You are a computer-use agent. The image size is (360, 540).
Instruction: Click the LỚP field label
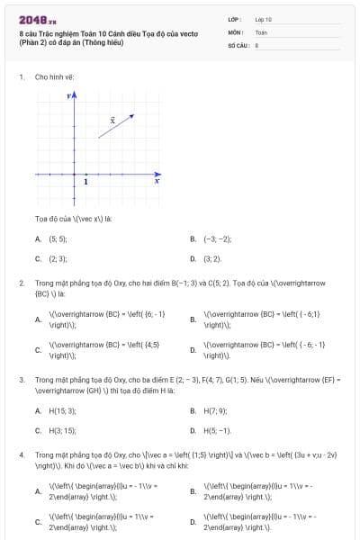click(234, 19)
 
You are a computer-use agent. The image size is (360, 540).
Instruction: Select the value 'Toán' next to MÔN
click(261, 31)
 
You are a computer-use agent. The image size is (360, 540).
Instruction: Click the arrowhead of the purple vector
click(132, 115)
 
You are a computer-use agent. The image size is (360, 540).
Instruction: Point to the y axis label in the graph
click(67, 94)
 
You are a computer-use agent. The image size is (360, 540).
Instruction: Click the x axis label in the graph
click(157, 181)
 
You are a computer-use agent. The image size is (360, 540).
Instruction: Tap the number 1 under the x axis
click(86, 182)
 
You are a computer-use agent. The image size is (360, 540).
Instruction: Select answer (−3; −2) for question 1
click(217, 239)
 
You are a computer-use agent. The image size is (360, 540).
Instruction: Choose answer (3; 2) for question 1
click(211, 258)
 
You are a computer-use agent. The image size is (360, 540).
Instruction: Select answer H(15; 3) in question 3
click(62, 411)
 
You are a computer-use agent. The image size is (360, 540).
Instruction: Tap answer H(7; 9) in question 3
click(215, 411)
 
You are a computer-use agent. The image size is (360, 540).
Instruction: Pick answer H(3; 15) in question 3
click(62, 430)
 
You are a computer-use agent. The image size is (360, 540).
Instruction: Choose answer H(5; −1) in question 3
click(217, 430)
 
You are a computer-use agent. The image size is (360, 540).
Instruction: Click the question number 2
click(21, 283)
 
